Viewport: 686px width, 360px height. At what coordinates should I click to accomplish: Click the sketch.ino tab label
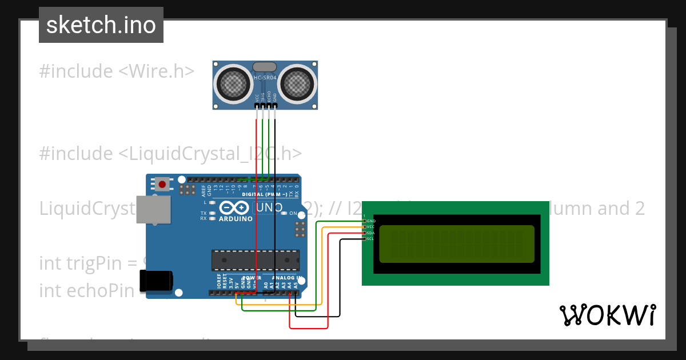coord(101,25)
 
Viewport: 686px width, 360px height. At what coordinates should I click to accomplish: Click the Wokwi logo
coord(607,315)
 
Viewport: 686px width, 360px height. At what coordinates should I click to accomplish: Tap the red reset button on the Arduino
coord(162,185)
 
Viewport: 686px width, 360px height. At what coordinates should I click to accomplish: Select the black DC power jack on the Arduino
coord(156,279)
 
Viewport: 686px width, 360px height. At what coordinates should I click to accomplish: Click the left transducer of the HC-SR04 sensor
coord(233,83)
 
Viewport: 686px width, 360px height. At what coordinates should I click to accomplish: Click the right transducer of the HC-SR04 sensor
coord(297,83)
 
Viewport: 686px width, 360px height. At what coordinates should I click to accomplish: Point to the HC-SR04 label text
coord(265,77)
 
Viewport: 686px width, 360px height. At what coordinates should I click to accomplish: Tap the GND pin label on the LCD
coord(371,221)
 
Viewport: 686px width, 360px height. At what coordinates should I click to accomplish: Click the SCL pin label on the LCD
coord(370,239)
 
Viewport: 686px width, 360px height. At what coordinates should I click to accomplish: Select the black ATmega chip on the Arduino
coord(255,260)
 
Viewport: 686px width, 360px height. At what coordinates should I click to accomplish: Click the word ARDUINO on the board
coord(236,219)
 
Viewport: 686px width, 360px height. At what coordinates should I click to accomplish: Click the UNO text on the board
coord(268,208)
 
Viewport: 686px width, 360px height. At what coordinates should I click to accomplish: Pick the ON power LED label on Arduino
coord(293,213)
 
